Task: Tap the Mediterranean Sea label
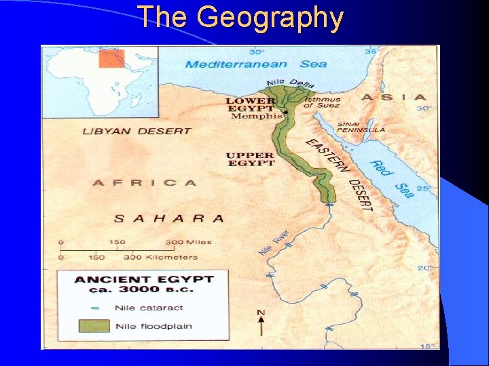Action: tap(256, 64)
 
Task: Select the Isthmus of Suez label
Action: tap(322, 102)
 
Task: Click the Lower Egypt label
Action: tap(250, 104)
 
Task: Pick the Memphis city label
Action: tap(256, 116)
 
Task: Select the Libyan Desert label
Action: tap(127, 131)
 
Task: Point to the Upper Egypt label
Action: tap(250, 159)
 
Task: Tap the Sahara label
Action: tap(168, 218)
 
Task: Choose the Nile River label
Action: tap(274, 242)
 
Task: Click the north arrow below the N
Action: tap(261, 327)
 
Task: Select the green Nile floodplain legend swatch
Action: tap(93, 326)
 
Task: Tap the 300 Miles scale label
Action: tap(189, 242)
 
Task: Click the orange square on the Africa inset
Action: tap(111, 58)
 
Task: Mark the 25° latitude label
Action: tap(424, 188)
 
